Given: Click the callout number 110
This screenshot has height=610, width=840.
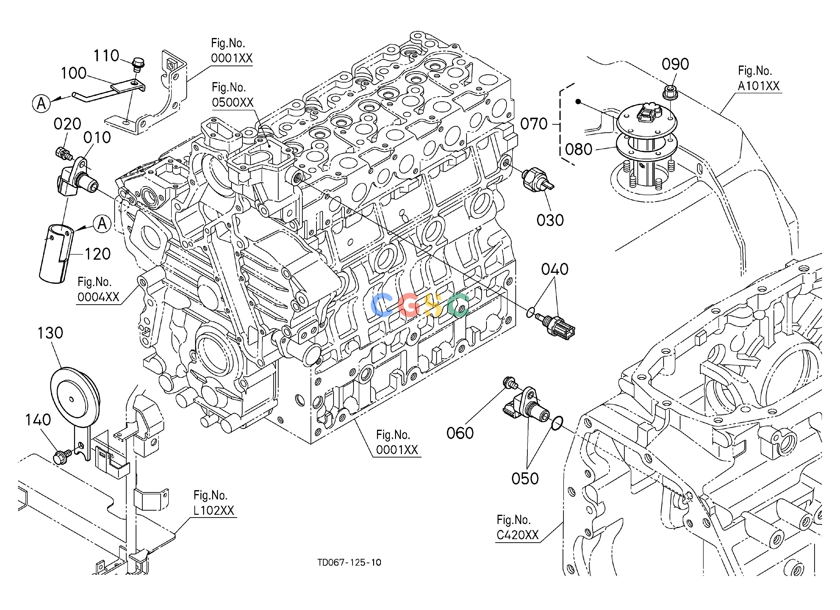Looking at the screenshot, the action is tap(106, 56).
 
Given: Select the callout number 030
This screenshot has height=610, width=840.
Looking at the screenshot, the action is tap(550, 220).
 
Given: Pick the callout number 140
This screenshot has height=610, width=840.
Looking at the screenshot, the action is tap(38, 420).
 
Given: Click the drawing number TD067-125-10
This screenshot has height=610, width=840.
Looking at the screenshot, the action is tap(349, 562).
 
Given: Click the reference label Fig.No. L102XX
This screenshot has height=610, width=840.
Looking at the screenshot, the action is tap(214, 503).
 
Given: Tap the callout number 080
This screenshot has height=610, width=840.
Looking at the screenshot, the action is tap(578, 150).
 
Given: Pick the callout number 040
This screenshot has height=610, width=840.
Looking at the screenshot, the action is tap(555, 270).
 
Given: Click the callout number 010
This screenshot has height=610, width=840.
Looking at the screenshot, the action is tap(97, 138).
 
